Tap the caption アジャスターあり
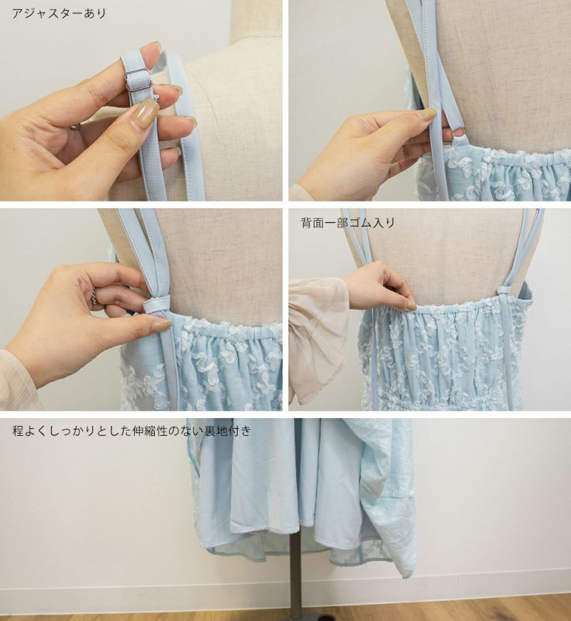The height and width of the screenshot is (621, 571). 59,14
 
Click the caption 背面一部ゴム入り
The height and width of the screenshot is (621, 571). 348,223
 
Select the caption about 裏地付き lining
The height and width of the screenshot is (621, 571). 132,430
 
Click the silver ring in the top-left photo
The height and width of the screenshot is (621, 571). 76,126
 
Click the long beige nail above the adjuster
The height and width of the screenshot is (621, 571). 144,114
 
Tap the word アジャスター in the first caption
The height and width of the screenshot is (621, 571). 48,14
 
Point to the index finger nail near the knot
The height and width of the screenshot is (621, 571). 161,325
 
